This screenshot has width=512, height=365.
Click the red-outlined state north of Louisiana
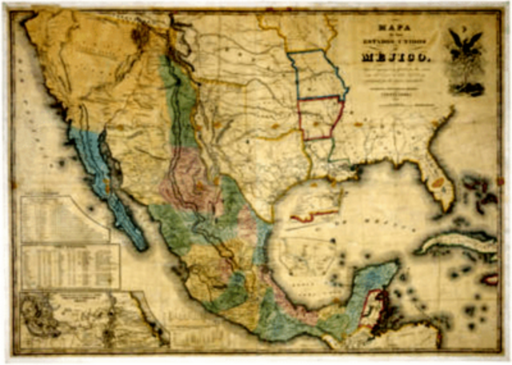(321, 118)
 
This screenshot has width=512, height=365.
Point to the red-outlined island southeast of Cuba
(489, 279)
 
